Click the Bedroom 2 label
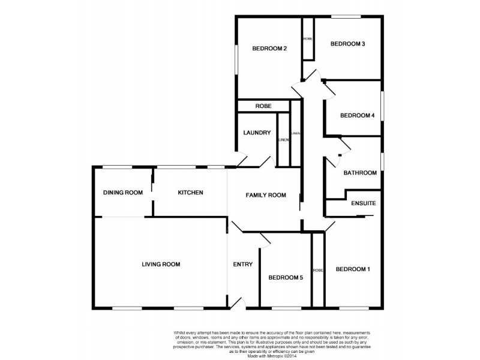268,49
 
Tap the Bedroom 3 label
347,44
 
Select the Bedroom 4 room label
357,116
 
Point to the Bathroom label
359,173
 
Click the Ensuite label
363,203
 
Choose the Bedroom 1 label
352,269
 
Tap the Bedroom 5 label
285,278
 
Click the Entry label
242,265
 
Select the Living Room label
161,264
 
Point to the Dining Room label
122,193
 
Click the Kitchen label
190,193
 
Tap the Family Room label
266,195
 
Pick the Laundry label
257,133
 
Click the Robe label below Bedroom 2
263,106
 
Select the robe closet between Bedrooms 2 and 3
308,39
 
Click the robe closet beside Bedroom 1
318,270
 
